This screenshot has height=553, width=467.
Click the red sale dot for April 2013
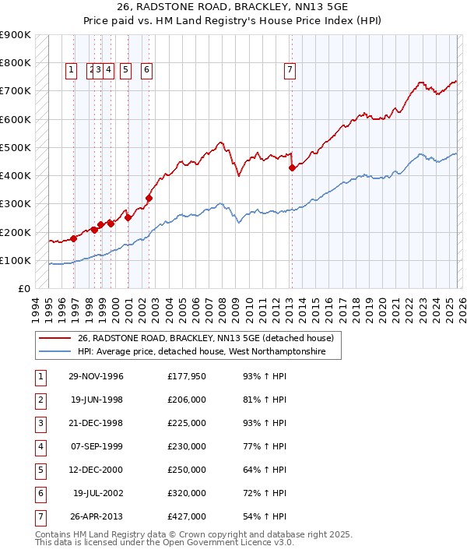pyautogui.click(x=292, y=167)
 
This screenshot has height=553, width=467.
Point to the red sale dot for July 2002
pyautogui.click(x=149, y=198)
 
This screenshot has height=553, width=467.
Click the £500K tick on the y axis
pyautogui.click(x=16, y=147)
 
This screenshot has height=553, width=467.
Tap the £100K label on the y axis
pyautogui.click(x=16, y=260)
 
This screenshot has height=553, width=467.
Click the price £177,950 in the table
pyautogui.click(x=187, y=377)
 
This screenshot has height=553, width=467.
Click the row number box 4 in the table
pyautogui.click(x=40, y=447)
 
